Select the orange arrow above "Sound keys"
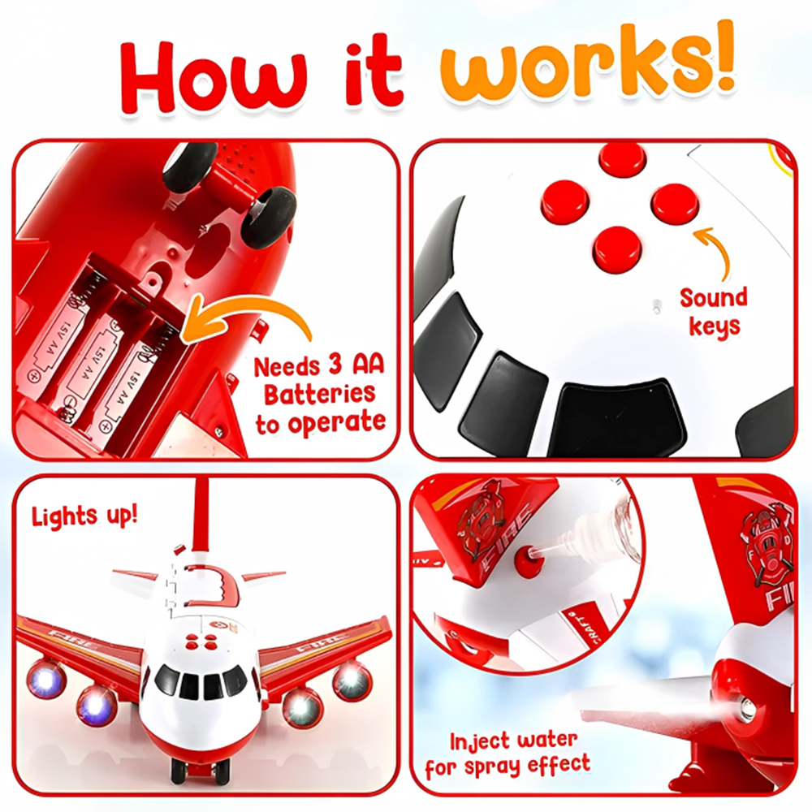coord(718,253)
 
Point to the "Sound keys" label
coord(714,313)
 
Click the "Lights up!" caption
coord(85,516)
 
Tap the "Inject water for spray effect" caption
coord(508,754)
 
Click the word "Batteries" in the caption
coord(319,394)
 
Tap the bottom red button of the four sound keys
coord(618,248)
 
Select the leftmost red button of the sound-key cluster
coord(565,202)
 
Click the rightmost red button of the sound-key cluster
coord(675,204)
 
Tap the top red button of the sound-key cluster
coord(623,158)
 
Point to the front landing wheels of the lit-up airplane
coord(200,772)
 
